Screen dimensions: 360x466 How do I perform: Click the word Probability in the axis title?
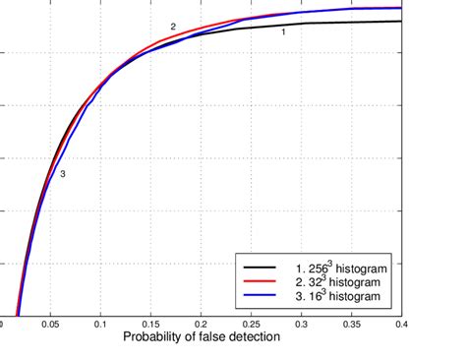coord(157,337)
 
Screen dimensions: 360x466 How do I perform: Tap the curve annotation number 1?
coord(283,32)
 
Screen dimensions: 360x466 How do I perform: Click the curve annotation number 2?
coord(173,27)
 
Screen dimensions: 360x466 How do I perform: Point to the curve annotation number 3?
coord(62,174)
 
